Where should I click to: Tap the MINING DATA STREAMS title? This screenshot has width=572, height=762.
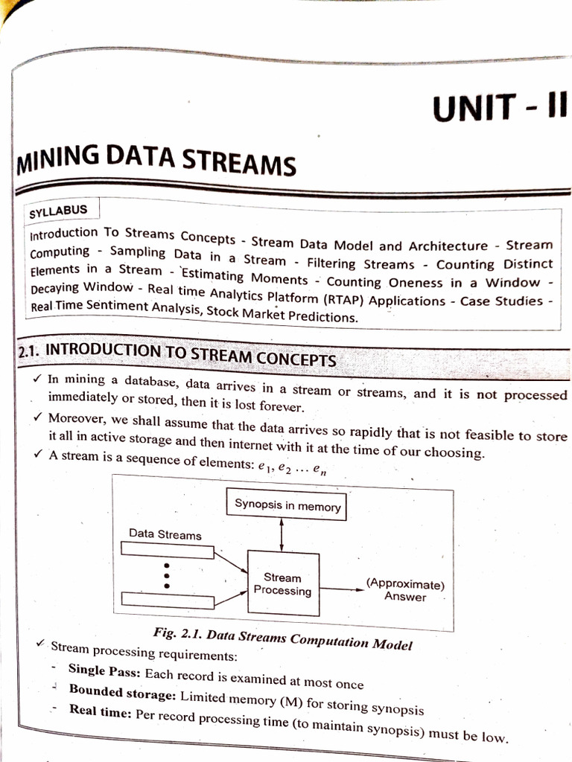[x=156, y=158]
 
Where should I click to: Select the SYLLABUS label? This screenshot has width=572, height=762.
[x=58, y=211]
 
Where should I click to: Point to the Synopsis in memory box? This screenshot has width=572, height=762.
[x=287, y=506]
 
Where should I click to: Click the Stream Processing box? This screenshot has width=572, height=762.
[x=282, y=584]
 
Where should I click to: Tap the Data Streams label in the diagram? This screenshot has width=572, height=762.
[x=165, y=534]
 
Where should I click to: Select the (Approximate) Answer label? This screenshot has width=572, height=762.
[x=405, y=590]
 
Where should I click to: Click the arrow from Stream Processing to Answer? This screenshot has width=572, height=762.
[x=341, y=589]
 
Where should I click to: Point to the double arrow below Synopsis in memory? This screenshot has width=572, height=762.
[x=282, y=533]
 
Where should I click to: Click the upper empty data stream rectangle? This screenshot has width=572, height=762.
[x=167, y=551]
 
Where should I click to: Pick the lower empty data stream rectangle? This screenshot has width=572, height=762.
[x=167, y=599]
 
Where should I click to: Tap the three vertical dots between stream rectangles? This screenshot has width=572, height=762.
[x=167, y=575]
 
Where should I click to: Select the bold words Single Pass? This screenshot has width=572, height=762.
[x=105, y=670]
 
